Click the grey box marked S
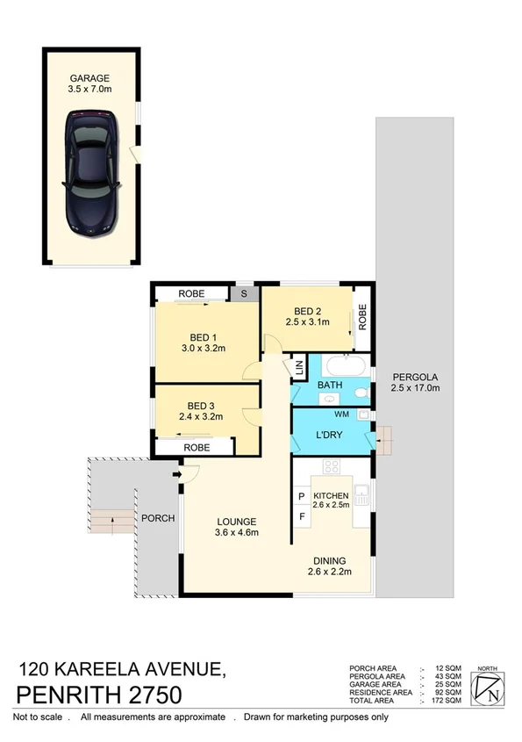[245, 294]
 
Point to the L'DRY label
[330, 435]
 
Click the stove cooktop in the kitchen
[332, 465]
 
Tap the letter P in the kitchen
[301, 496]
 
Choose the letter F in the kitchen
[301, 515]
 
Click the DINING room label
[329, 561]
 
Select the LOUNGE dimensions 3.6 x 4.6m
[237, 532]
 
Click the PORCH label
[158, 518]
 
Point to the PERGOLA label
[414, 376]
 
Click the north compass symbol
[490, 689]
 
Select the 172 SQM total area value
[447, 700]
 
